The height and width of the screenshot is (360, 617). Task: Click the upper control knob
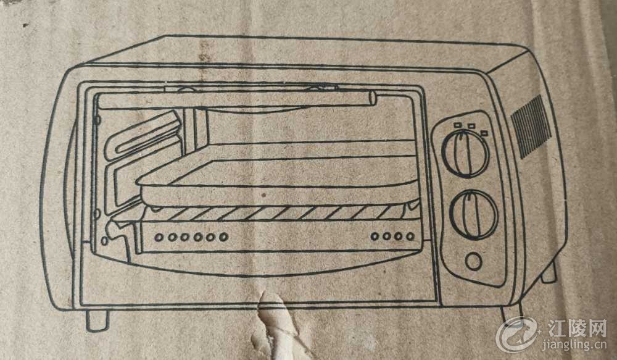pyautogui.click(x=465, y=154)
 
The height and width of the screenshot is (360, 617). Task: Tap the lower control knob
pyautogui.click(x=474, y=215)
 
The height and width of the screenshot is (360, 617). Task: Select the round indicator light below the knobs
pyautogui.click(x=473, y=261)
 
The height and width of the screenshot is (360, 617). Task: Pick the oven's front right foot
pyautogui.click(x=511, y=313)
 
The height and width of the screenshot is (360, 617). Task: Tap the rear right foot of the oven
pyautogui.click(x=549, y=272)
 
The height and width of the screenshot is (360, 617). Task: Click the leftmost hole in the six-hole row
pyautogui.click(x=159, y=238)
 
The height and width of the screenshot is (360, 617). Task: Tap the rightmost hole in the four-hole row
pyautogui.click(x=410, y=237)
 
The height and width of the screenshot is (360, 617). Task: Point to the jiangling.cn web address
pyautogui.click(x=574, y=345)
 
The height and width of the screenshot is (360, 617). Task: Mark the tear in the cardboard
pyautogui.click(x=275, y=325)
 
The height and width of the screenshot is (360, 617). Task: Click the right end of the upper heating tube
pyautogui.click(x=373, y=98)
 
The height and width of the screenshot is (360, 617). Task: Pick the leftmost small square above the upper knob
pyautogui.click(x=457, y=125)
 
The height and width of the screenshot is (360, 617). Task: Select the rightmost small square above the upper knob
pyautogui.click(x=484, y=133)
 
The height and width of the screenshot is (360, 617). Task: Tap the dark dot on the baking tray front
pyautogui.click(x=264, y=195)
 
